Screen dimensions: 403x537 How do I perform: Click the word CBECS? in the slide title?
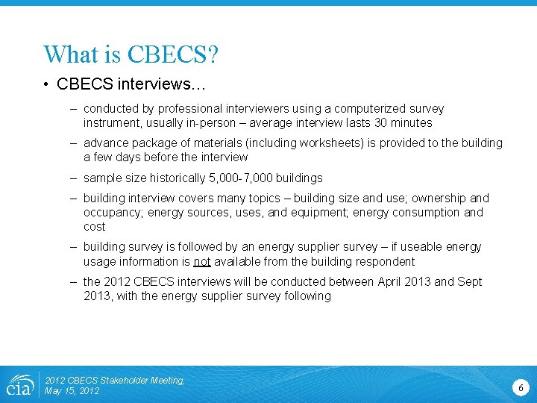[173, 54]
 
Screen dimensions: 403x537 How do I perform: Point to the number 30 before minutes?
[385, 123]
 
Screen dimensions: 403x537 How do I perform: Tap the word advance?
[106, 143]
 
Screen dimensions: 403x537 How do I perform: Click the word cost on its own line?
[95, 227]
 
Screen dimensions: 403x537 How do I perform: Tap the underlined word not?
[202, 262]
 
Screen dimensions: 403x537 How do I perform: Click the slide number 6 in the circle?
[521, 387]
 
